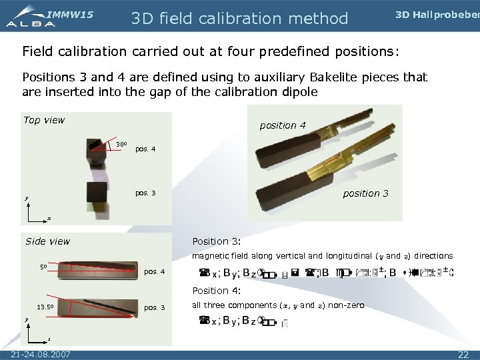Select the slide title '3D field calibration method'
(x=239, y=18)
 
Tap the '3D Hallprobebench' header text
(x=437, y=15)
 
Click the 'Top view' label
(x=44, y=120)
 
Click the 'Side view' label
(x=47, y=241)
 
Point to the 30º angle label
(x=121, y=144)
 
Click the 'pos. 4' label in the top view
(x=145, y=149)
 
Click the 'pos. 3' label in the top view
(x=145, y=193)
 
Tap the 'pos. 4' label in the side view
(x=155, y=272)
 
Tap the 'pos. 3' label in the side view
(x=155, y=308)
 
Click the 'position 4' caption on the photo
(x=282, y=125)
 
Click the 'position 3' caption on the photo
(x=365, y=193)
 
